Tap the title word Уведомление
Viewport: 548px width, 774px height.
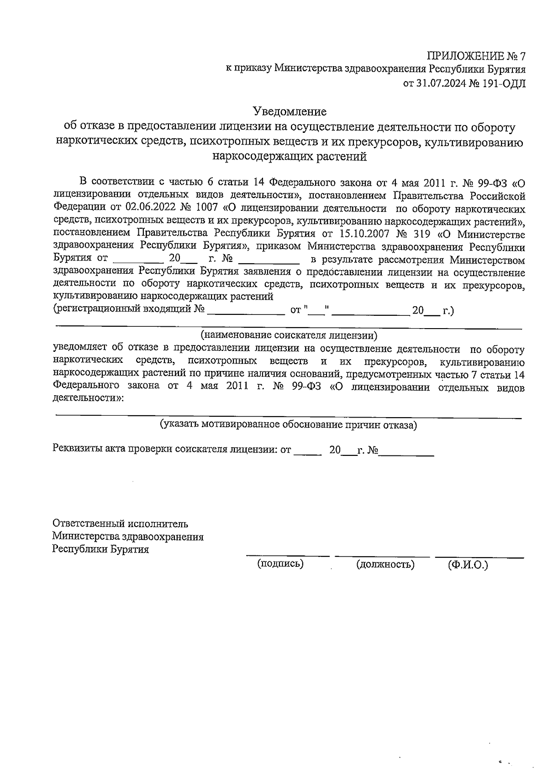pyautogui.click(x=290, y=111)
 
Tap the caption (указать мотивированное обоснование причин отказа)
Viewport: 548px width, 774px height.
pyautogui.click(x=288, y=425)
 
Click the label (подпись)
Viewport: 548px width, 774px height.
pyautogui.click(x=280, y=564)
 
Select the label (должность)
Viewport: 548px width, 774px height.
pyautogui.click(x=385, y=565)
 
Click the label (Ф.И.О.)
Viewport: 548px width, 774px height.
pyautogui.click(x=468, y=565)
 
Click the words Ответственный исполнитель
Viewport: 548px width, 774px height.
pyautogui.click(x=120, y=524)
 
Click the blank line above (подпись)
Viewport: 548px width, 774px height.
pyautogui.click(x=287, y=554)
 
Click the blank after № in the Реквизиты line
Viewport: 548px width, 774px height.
pyautogui.click(x=406, y=453)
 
